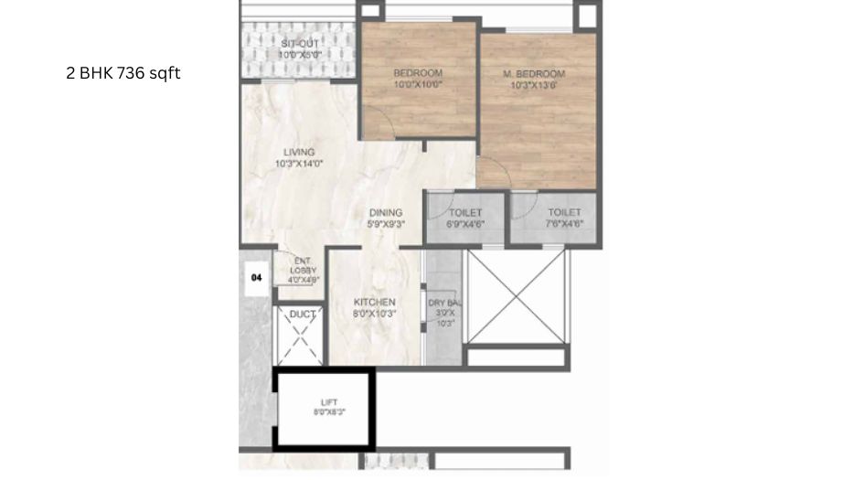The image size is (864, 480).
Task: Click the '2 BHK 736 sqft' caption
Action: coord(123,74)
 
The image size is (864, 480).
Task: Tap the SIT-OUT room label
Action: coord(298,43)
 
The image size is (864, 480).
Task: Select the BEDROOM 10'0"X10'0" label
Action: coord(418,73)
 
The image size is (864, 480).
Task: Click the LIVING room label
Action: coord(298,152)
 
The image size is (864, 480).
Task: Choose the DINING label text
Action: coord(386,213)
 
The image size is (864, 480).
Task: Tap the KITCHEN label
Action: coord(375,302)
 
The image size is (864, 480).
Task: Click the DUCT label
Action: coord(302,315)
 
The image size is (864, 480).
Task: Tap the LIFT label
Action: coord(329,401)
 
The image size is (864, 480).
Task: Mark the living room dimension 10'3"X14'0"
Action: coord(298,164)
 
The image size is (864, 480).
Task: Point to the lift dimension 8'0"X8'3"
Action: coord(329,412)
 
